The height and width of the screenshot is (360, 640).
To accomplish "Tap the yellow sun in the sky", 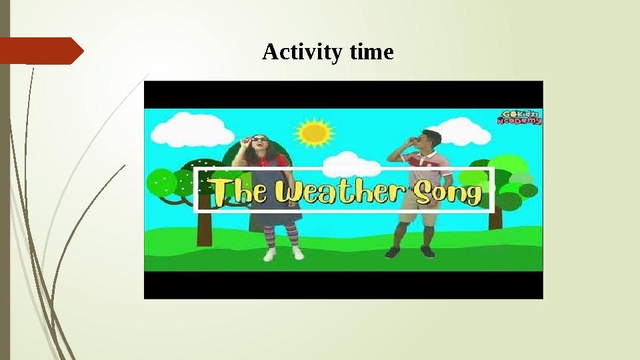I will (x=313, y=132).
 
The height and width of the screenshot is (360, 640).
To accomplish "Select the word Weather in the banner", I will (x=333, y=192).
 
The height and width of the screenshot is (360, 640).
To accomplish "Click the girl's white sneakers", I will (x=283, y=254).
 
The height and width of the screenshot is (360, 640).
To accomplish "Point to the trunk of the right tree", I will (x=495, y=218).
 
